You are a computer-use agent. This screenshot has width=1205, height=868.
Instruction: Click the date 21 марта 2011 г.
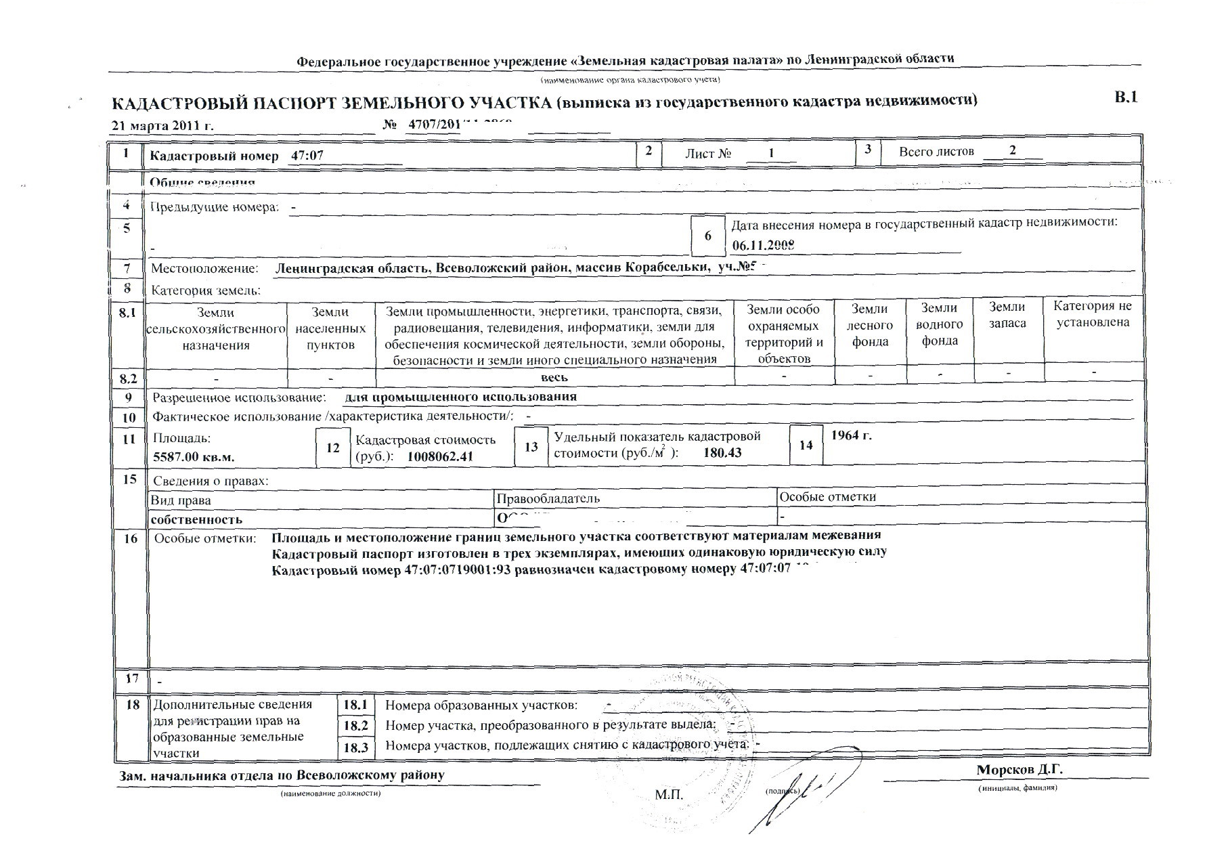coord(162,126)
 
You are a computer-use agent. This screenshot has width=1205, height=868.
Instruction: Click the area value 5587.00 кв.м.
coord(194,457)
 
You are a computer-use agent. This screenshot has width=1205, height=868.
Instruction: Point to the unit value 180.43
coord(722,452)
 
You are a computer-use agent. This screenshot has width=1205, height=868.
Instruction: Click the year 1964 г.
coord(851,435)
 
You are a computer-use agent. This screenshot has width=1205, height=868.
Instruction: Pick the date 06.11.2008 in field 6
coord(763,245)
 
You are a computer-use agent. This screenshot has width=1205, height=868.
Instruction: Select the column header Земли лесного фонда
coord(870,325)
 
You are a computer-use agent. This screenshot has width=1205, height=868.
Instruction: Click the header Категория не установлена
coord(1093,313)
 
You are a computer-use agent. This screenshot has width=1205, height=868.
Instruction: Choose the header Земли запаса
coord(1007,316)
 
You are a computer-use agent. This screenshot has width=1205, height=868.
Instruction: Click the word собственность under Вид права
coord(196,520)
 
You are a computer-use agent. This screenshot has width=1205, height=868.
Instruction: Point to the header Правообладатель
coord(548,499)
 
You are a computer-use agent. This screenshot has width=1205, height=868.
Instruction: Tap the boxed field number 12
coord(333,448)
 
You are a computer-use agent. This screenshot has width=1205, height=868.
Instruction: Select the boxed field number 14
coord(806,445)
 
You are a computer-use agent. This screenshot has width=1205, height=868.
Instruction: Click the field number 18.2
coord(355,726)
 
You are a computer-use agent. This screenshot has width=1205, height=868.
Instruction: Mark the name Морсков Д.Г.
coord(1020,770)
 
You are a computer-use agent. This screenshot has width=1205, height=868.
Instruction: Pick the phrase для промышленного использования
coord(460,397)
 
